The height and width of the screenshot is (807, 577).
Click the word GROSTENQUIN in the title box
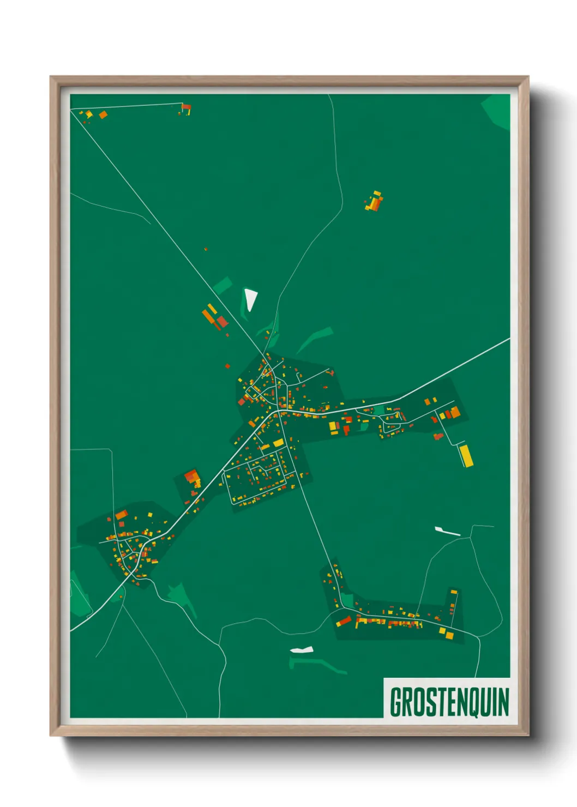pyautogui.click(x=449, y=702)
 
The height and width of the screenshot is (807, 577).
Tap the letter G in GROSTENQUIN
pyautogui.click(x=396, y=702)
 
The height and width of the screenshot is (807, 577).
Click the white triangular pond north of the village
pyautogui.click(x=250, y=299)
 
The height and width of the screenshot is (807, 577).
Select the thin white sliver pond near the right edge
pyautogui.click(x=447, y=531)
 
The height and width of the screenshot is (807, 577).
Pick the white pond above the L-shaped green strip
pyautogui.click(x=302, y=649)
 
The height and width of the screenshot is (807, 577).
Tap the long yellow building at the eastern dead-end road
pyautogui.click(x=466, y=455)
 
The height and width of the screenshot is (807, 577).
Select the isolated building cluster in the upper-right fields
pyautogui.click(x=374, y=201)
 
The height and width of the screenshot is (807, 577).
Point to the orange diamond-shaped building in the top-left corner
pyautogui.click(x=103, y=115)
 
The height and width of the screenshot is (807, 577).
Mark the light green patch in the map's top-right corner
pyautogui.click(x=497, y=111)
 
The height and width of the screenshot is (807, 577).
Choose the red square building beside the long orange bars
pyautogui.click(x=222, y=321)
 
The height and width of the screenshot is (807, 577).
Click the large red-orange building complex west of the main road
pyautogui.click(x=193, y=478)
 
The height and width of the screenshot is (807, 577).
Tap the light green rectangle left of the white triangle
pyautogui.click(x=223, y=285)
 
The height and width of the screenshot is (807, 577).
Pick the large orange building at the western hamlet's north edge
pyautogui.click(x=121, y=514)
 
